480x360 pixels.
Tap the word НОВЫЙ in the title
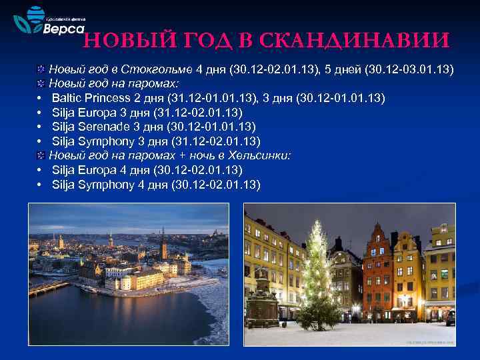pyautogui.click(x=127, y=41)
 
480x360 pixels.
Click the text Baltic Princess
pyautogui.click(x=90, y=98)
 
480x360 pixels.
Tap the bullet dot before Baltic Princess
pyautogui.click(x=41, y=99)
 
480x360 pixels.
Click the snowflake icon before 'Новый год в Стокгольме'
pyautogui.click(x=41, y=70)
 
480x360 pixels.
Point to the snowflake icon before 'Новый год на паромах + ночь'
pyautogui.click(x=41, y=155)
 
